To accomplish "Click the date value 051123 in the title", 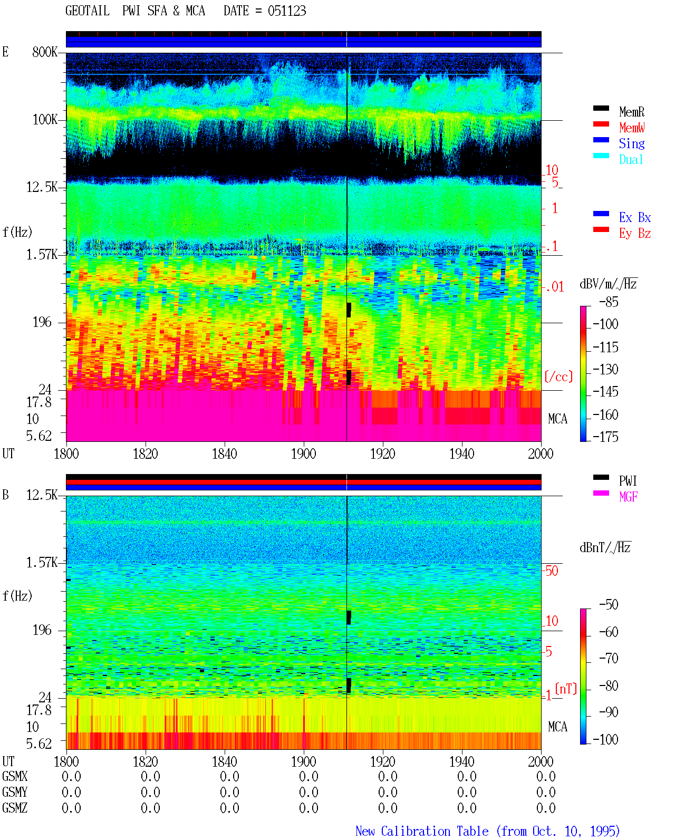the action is (x=286, y=11).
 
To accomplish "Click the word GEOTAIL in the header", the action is (x=87, y=11).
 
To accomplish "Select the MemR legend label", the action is (x=631, y=112).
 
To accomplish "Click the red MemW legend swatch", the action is (x=601, y=124).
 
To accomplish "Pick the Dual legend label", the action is (x=631, y=159).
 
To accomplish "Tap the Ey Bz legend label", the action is (x=634, y=233).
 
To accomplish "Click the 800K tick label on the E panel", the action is (x=45, y=52).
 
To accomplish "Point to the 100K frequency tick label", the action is (x=45, y=120).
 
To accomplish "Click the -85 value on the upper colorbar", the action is (x=609, y=302).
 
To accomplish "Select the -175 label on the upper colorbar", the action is (x=605, y=437).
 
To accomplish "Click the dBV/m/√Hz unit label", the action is (x=608, y=284).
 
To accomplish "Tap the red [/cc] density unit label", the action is (x=558, y=376).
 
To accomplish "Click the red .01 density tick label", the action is (x=555, y=287).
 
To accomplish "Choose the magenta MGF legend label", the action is (x=628, y=497).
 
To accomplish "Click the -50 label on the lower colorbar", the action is (x=609, y=605).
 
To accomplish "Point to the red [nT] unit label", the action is (x=566, y=688).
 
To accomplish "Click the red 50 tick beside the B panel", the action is (x=552, y=571).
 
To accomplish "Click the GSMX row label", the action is (x=15, y=776).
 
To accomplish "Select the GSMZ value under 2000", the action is (x=545, y=808).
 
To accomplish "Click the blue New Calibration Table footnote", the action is (x=487, y=831).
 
